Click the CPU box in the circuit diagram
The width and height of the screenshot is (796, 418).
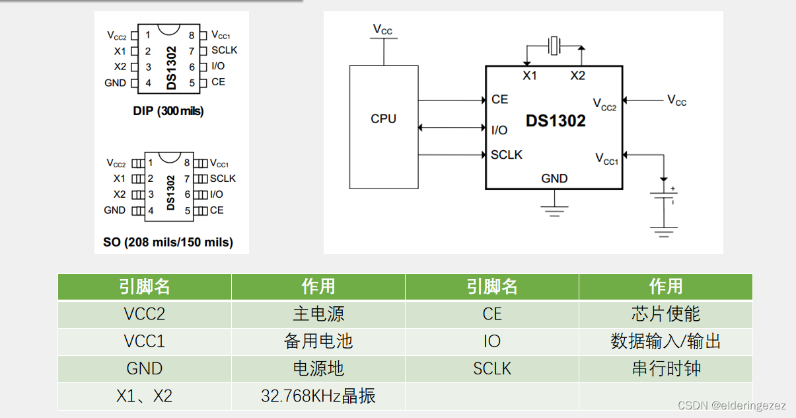point(383,126)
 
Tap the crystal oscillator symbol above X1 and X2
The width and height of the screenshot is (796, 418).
point(554,46)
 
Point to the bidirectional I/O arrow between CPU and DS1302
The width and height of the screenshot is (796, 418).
point(452,128)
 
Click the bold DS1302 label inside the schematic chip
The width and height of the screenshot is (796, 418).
point(556,122)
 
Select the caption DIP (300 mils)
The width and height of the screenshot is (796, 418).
point(168,111)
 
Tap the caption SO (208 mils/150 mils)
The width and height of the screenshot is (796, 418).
point(168,242)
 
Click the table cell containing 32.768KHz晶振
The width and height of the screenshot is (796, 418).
point(318,396)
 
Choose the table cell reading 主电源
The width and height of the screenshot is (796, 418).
point(318,313)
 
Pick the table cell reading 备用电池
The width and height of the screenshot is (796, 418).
point(318,341)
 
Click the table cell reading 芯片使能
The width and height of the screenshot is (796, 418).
point(665,313)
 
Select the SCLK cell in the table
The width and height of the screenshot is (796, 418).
point(492,368)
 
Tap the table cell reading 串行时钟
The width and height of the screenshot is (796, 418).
point(665,368)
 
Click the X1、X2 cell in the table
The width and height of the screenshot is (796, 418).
point(144,396)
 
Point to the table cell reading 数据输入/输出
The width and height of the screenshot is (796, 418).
point(665,341)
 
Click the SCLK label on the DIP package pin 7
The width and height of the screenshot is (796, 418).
point(224,50)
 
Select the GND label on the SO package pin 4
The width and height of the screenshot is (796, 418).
point(115,210)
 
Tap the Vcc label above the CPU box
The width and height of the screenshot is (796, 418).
point(382,29)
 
